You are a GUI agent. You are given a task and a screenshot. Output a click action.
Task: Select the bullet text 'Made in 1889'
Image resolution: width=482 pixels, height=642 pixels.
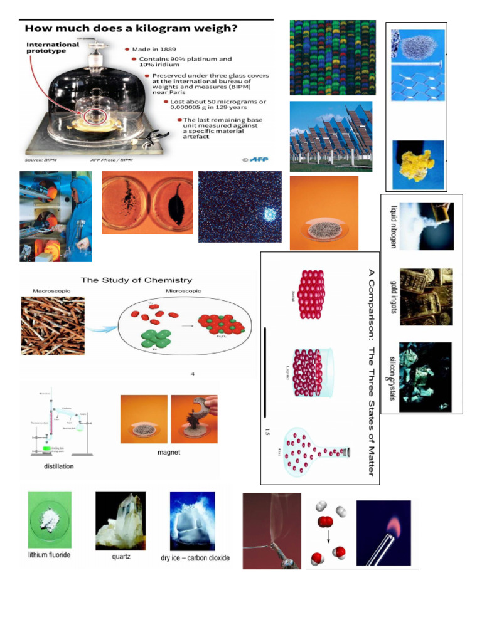tap(154, 48)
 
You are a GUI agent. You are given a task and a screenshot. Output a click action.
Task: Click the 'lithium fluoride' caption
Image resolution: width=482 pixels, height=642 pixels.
tap(49, 555)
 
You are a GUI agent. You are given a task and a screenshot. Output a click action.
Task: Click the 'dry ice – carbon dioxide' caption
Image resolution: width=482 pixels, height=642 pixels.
tap(195, 558)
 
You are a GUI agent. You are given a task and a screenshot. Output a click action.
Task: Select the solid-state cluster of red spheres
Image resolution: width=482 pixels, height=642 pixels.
tap(312, 295)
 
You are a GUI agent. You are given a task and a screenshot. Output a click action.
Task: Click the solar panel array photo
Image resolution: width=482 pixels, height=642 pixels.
tap(331, 136)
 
